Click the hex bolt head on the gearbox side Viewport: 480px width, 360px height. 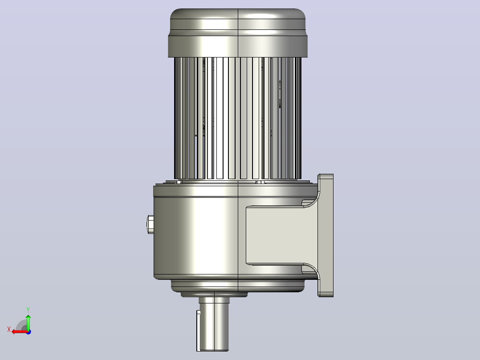(150, 224)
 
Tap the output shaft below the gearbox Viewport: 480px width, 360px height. (214, 324)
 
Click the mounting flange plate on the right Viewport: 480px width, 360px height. (326, 235)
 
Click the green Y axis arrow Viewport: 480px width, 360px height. (28, 322)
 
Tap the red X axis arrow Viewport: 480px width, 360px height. (20, 332)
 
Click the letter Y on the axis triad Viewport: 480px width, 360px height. (28, 310)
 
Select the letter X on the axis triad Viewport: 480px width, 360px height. (9, 329)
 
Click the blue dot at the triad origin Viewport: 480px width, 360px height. (28, 332)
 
